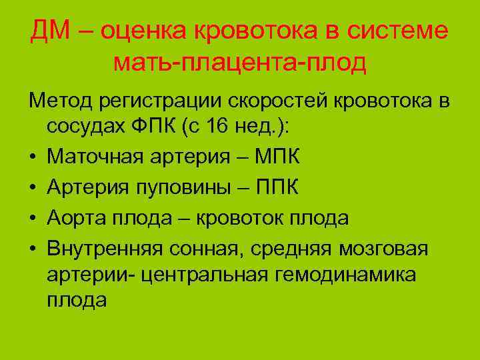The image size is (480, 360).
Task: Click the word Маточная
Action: (95, 159)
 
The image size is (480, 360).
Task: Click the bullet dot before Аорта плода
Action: (32, 220)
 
